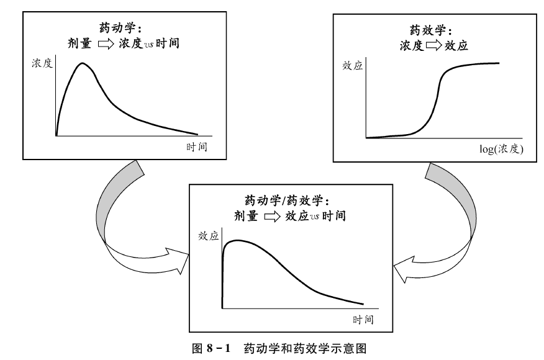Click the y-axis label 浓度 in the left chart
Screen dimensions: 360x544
(43, 63)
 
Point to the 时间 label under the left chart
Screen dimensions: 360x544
(196, 147)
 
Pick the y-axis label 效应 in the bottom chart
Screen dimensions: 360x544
(209, 236)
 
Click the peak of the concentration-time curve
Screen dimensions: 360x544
(82, 63)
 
